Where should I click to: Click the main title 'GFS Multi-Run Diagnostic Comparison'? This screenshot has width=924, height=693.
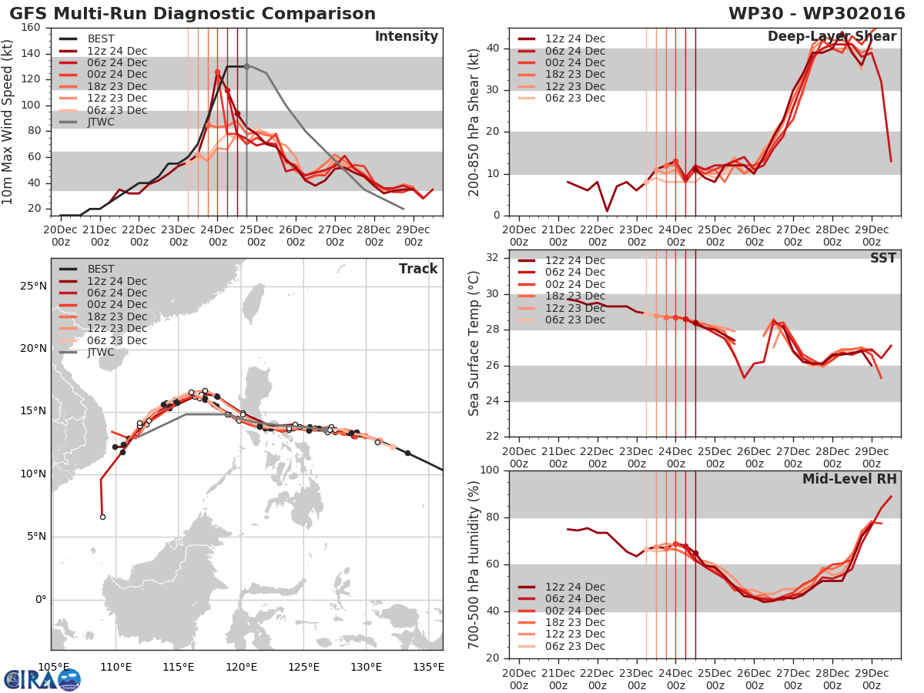tap(192, 14)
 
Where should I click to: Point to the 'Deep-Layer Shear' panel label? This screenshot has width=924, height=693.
tap(832, 37)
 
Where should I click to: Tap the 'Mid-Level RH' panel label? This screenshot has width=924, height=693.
tap(849, 480)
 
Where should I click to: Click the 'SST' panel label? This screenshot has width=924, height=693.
tap(882, 258)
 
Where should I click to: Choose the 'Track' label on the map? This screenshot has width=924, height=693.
tap(418, 269)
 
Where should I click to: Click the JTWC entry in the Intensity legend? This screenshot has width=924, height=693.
tap(102, 122)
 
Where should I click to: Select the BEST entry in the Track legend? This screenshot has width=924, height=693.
tap(102, 269)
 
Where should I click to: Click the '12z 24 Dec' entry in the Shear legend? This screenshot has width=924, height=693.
tap(575, 39)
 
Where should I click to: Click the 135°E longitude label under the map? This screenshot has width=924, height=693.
tap(428, 667)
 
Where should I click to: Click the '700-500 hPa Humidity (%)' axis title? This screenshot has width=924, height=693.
tap(474, 564)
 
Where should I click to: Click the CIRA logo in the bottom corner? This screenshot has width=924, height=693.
tap(42, 679)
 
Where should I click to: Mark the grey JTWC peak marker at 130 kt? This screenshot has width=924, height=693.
tap(246, 66)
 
